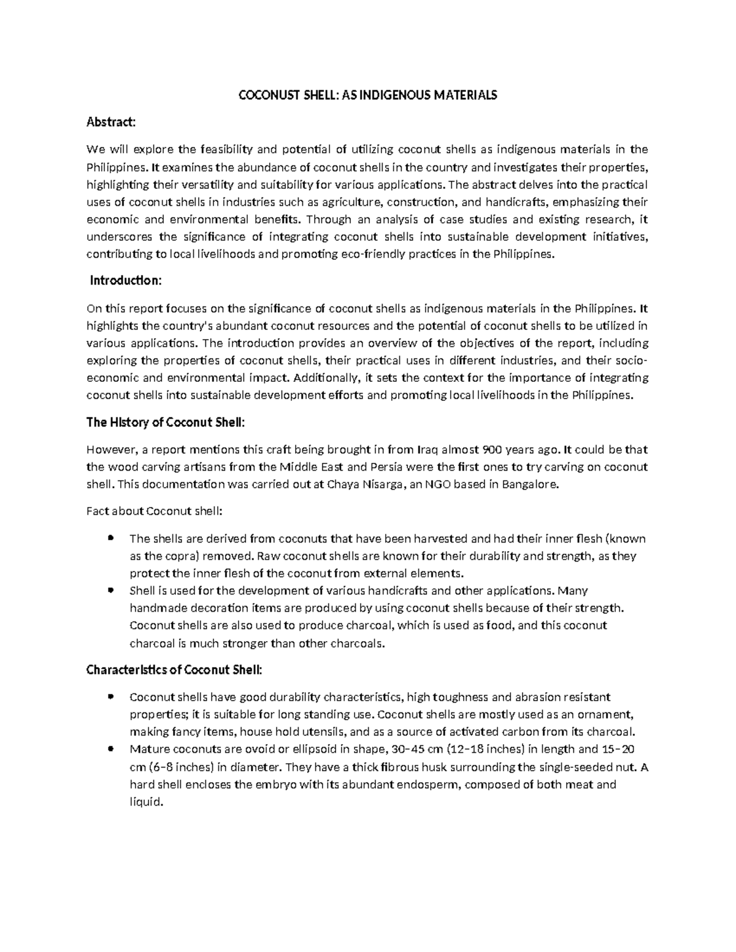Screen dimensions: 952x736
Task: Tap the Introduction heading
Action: pos(126,281)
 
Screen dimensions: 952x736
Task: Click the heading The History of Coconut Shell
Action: pos(166,422)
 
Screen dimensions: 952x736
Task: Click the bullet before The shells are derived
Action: pos(110,538)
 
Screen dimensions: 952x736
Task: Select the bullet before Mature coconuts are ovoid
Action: pos(110,749)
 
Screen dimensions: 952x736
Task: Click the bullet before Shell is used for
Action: pos(110,591)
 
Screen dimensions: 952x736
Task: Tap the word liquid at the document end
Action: pos(147,802)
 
